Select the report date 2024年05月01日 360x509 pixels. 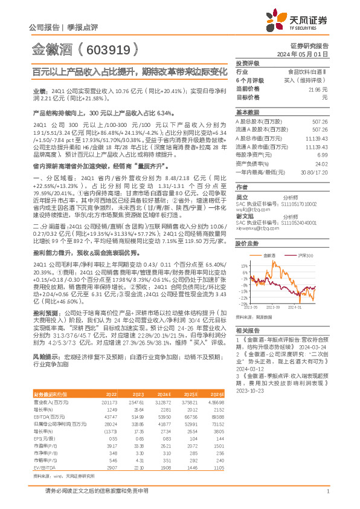(311, 54)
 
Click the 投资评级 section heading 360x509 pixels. (247, 63)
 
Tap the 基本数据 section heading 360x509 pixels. (247, 112)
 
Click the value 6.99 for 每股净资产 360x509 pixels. (323, 155)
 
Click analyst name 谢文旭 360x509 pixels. (243, 216)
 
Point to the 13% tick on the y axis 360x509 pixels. (243, 265)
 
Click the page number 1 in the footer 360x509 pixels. (327, 492)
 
